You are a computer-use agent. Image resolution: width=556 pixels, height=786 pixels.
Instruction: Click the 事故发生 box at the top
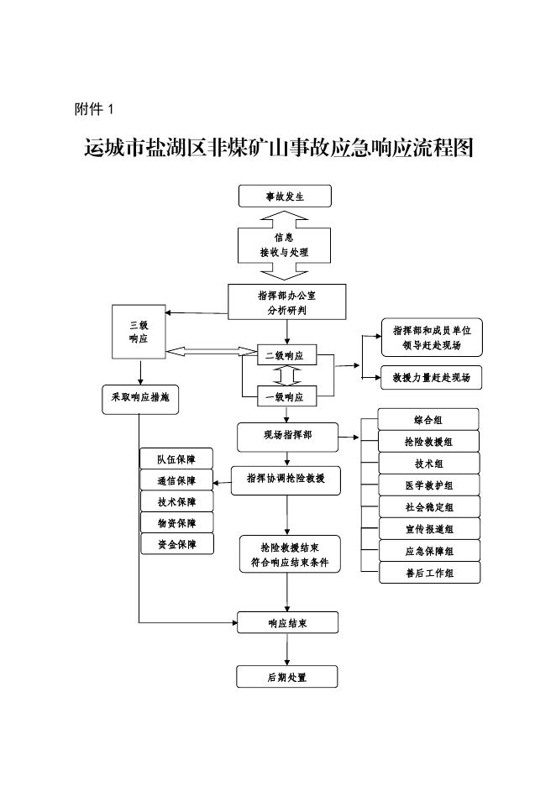click(x=286, y=196)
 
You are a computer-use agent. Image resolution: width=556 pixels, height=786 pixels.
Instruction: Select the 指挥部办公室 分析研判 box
click(x=286, y=302)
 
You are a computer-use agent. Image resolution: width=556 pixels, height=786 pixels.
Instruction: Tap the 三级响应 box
click(x=139, y=331)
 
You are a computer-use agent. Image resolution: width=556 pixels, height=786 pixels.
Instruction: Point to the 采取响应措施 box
click(x=139, y=397)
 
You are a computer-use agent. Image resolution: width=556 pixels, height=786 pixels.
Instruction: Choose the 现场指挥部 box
click(x=287, y=436)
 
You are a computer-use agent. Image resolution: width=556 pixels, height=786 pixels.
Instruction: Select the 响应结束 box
click(x=287, y=622)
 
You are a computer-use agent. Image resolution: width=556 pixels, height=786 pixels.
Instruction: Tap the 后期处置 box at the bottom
click(x=287, y=677)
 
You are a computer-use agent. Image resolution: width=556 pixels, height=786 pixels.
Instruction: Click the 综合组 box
click(x=428, y=418)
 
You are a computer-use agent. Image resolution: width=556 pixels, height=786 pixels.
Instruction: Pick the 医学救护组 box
click(x=428, y=485)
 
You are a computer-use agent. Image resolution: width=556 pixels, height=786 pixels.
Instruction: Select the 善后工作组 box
click(x=428, y=573)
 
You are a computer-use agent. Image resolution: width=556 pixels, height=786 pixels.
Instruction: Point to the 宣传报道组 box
click(x=428, y=529)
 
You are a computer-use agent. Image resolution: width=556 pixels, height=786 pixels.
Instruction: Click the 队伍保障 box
click(x=176, y=458)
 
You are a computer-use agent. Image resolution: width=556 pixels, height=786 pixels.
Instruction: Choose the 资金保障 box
click(x=176, y=544)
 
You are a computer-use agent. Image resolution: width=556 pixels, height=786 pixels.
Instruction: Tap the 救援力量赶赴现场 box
click(x=432, y=377)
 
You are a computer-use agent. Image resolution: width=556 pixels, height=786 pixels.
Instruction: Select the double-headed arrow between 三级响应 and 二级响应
click(x=211, y=351)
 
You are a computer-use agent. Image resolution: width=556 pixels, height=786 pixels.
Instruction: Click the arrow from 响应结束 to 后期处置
click(x=287, y=649)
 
